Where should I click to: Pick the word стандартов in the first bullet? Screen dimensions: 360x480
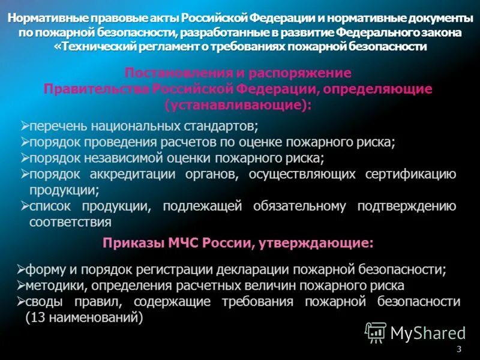(x=222, y=127)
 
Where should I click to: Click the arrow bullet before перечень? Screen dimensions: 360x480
(x=25, y=125)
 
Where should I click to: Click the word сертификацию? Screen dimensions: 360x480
(x=410, y=175)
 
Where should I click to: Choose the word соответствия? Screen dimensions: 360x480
(x=70, y=222)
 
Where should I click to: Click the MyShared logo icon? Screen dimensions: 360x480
(x=376, y=332)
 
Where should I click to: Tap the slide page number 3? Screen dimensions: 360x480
(x=459, y=349)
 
